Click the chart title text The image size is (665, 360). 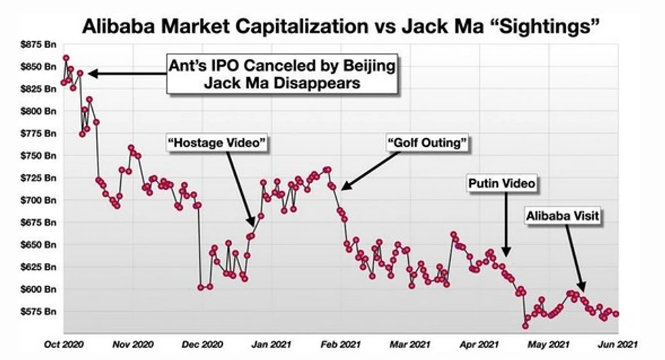click(342, 26)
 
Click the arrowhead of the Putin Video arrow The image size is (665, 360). click(505, 253)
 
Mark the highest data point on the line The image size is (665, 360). click(66, 58)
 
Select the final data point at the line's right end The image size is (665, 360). click(616, 314)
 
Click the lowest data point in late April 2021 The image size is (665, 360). click(525, 326)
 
